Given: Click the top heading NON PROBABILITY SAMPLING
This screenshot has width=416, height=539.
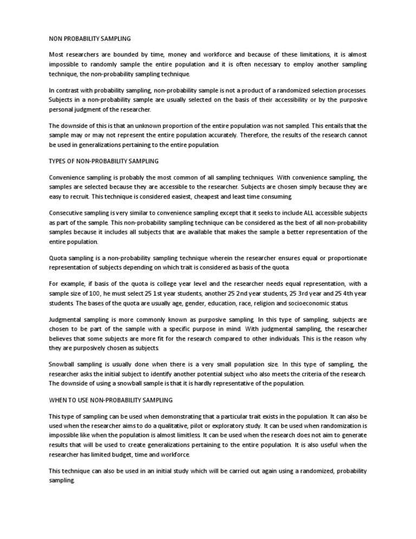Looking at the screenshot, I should click(x=89, y=39).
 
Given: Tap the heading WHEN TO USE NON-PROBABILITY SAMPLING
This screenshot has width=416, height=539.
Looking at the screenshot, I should click(x=110, y=400).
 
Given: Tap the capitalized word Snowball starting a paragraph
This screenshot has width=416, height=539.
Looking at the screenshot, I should click(x=63, y=364).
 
